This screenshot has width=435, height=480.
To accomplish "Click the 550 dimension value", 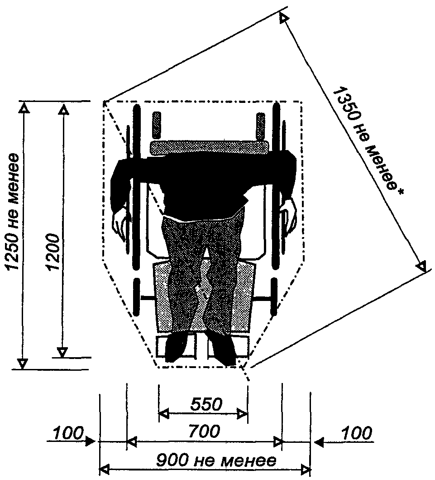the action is (206, 404).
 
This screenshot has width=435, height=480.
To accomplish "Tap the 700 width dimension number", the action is (204, 432).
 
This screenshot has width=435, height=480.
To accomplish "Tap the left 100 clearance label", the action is (68, 433).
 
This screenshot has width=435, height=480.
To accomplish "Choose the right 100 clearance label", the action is (356, 433).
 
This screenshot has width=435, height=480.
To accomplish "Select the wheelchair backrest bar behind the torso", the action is (210, 147).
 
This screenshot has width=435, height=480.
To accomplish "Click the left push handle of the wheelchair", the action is (157, 125).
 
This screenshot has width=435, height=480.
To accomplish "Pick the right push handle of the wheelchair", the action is (261, 126).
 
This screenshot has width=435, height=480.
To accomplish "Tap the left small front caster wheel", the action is (137, 297).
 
